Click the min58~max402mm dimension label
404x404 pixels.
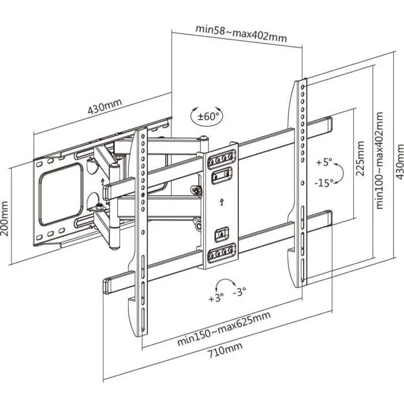click(x=241, y=33)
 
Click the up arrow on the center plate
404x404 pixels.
click(x=222, y=202)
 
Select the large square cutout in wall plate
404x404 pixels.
click(x=62, y=184)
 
